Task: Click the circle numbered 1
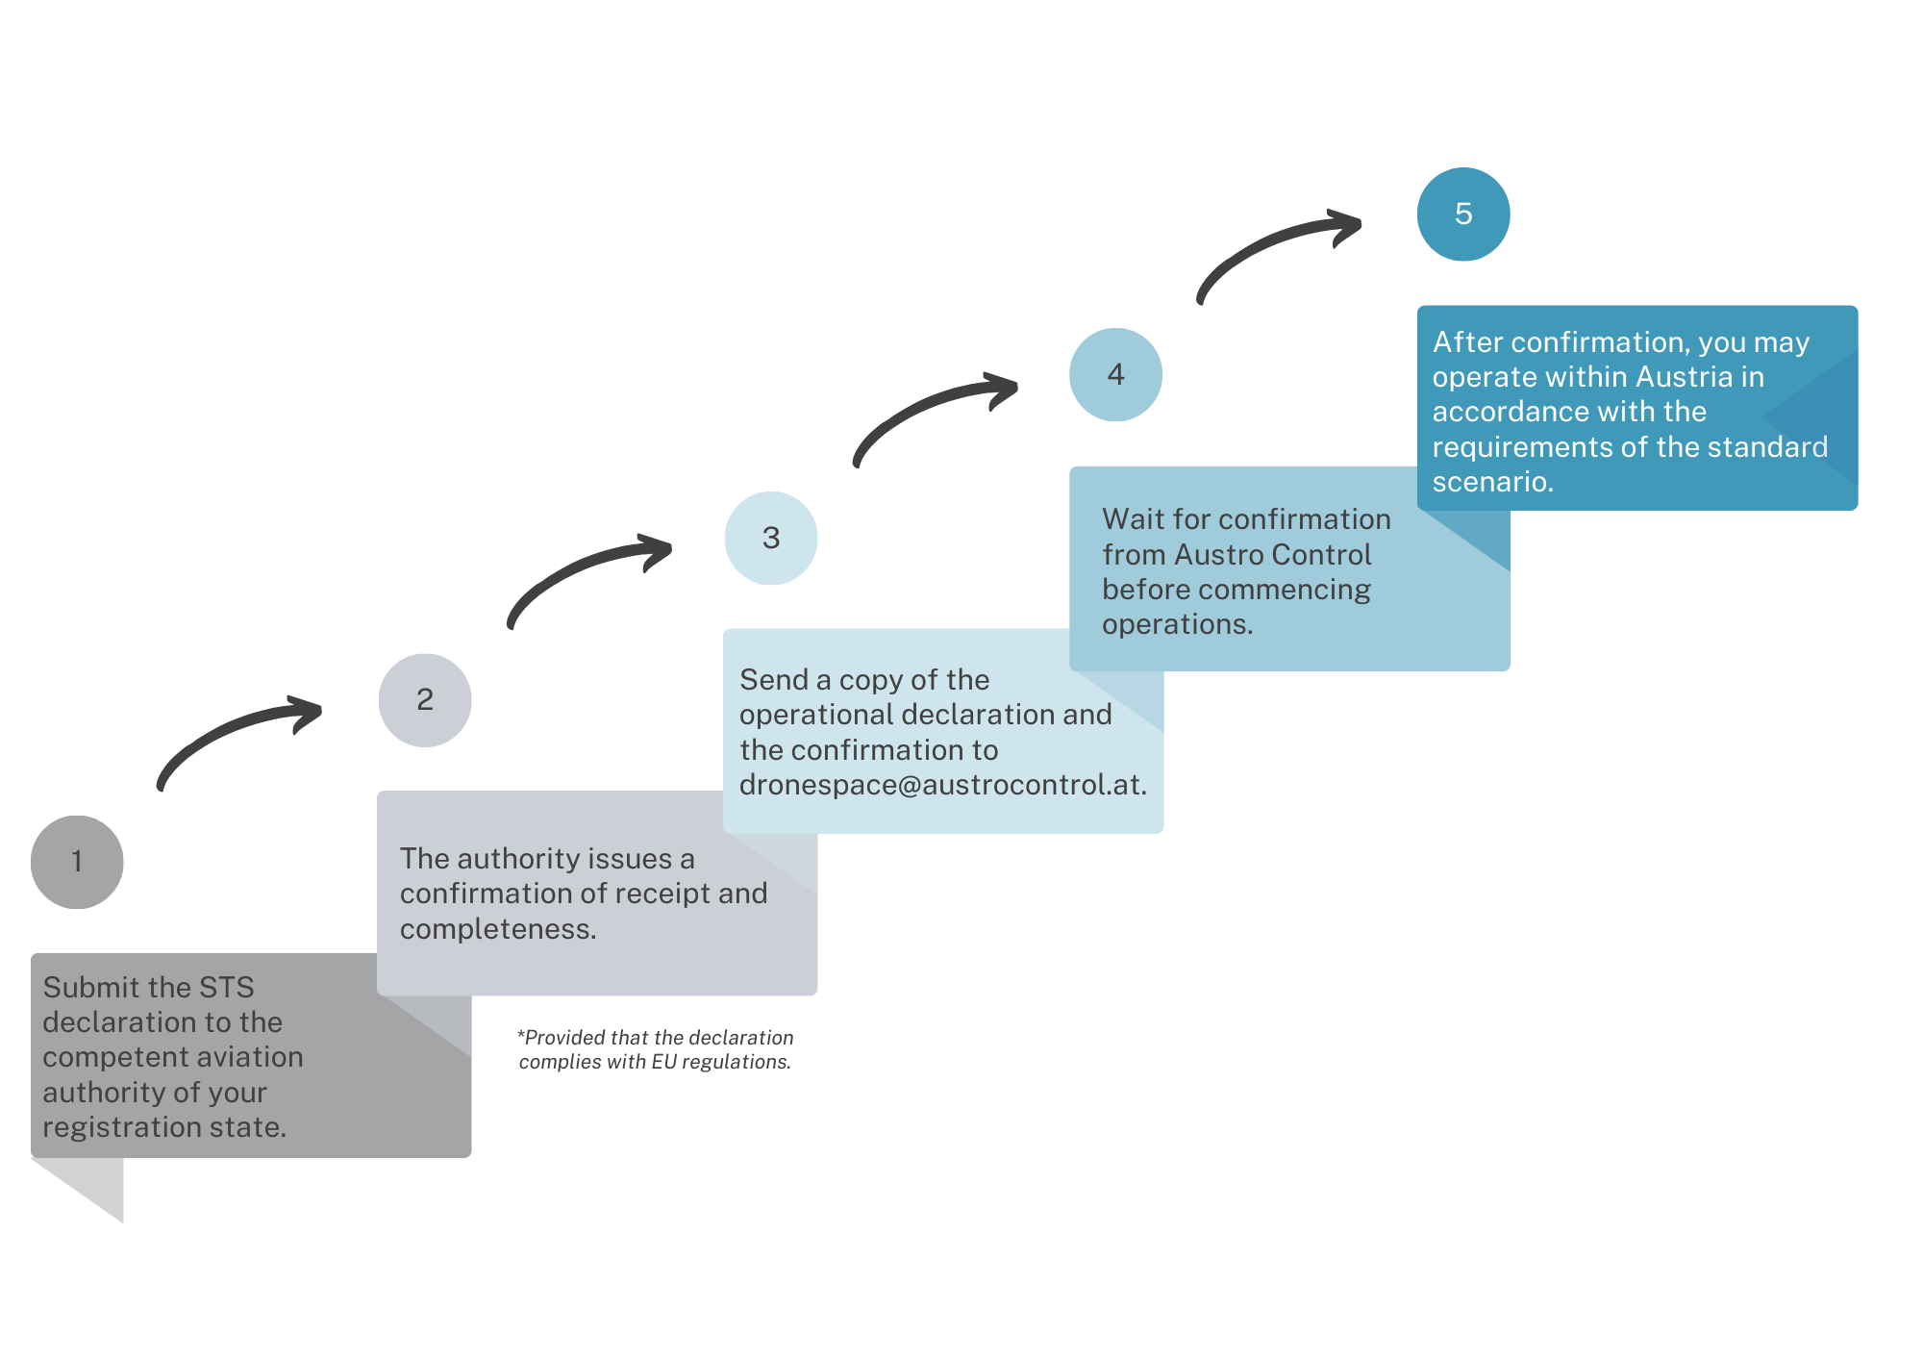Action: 77,862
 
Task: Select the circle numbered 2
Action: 425,700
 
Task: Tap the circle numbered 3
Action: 771,538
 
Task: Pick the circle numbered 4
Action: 1115,374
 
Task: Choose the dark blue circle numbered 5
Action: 1463,214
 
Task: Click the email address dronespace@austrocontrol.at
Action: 942,785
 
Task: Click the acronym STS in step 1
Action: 227,987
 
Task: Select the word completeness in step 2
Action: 498,929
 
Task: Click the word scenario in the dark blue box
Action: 1493,482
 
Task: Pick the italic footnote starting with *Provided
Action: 656,1049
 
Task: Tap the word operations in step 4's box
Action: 1178,625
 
